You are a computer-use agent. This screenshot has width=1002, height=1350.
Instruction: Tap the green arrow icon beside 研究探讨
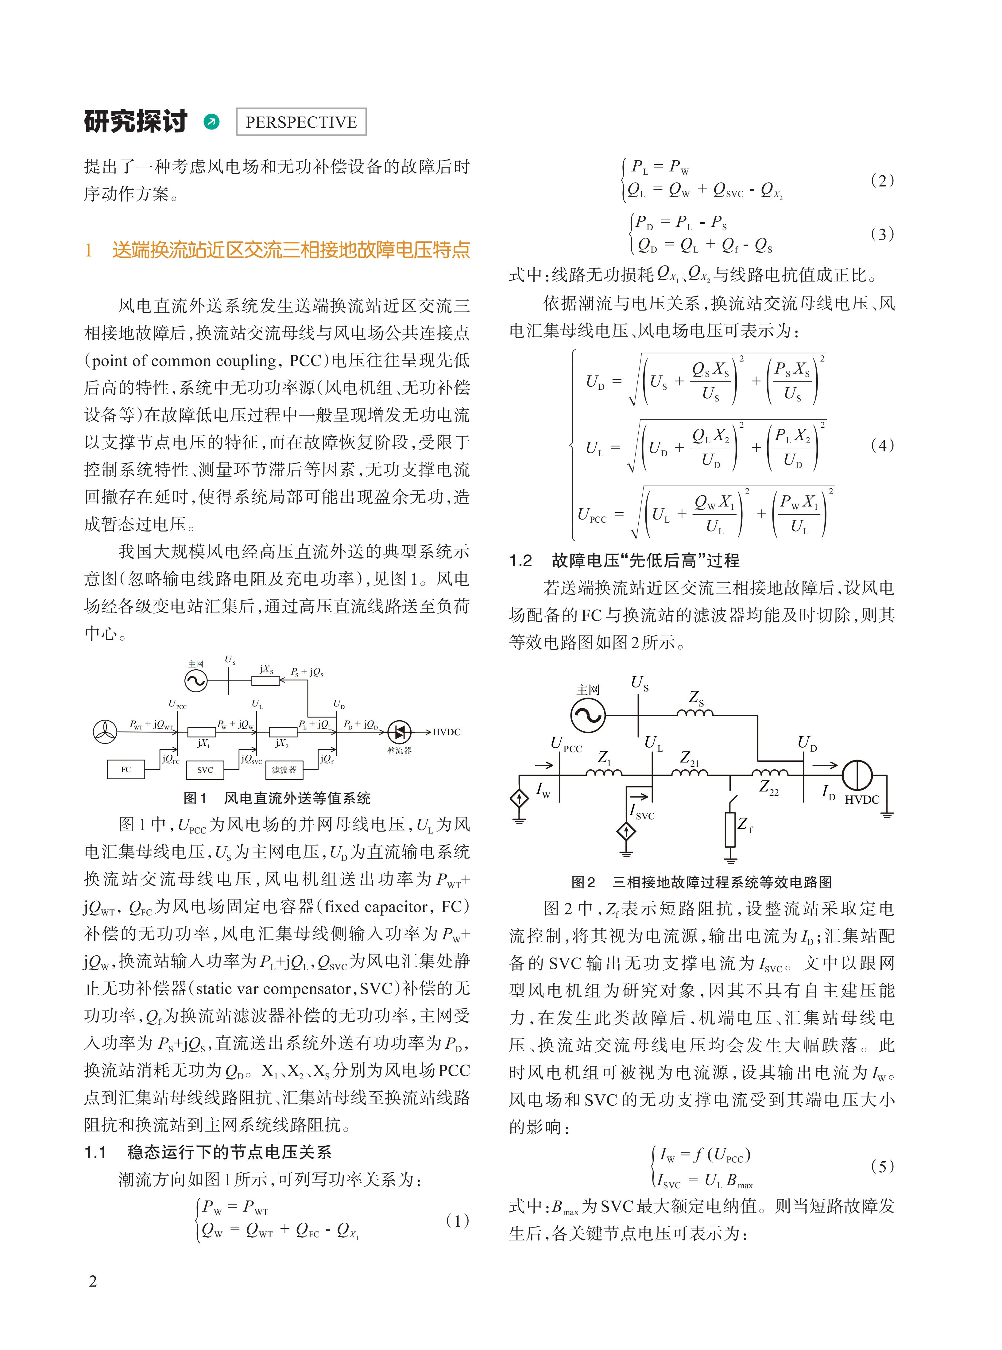click(212, 122)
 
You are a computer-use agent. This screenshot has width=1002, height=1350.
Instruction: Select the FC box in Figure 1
click(126, 769)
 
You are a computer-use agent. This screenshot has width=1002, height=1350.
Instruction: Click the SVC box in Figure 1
click(205, 770)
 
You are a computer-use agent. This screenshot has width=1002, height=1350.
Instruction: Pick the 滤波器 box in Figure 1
click(284, 770)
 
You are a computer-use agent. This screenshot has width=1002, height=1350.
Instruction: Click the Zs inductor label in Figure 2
click(696, 698)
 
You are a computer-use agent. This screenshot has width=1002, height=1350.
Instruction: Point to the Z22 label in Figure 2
click(769, 788)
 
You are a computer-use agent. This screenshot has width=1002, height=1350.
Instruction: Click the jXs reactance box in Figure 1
click(266, 680)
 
